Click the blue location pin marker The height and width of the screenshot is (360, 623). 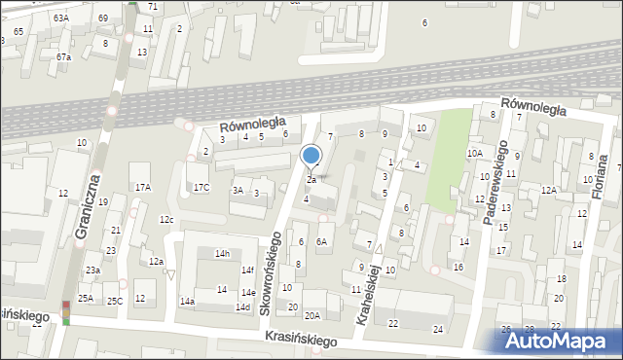(x=311, y=156)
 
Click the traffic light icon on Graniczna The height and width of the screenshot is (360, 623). (x=66, y=311)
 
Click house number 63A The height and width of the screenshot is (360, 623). (x=61, y=18)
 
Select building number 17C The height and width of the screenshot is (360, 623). (x=201, y=187)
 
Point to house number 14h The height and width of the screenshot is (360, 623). (x=222, y=253)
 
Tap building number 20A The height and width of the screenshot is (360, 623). (x=311, y=315)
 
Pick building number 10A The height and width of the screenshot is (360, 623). (x=474, y=153)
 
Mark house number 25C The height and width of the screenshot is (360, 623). (x=115, y=301)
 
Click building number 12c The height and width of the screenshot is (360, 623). (x=166, y=220)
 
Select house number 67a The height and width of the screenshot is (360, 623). (x=63, y=56)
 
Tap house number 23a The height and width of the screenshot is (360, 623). (x=92, y=270)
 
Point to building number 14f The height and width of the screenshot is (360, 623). (x=247, y=270)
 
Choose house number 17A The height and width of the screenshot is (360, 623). (x=143, y=187)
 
